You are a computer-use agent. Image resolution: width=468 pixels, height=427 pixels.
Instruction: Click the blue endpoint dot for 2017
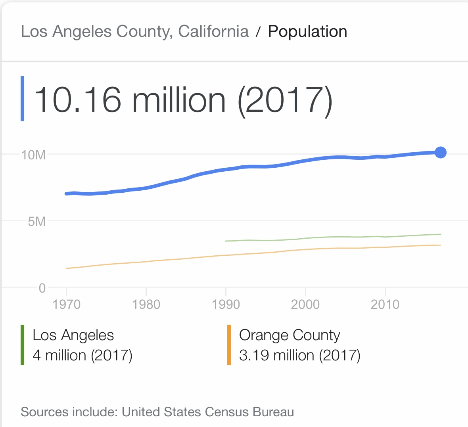[440, 152]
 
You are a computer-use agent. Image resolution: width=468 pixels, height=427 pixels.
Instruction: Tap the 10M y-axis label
[33, 155]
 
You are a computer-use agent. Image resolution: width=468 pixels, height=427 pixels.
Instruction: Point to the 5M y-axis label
[37, 221]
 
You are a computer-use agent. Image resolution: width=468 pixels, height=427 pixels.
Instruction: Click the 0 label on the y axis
[42, 288]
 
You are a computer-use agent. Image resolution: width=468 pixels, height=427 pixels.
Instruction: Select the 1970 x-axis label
[66, 304]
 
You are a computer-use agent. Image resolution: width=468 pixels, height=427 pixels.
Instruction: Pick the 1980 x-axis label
[146, 304]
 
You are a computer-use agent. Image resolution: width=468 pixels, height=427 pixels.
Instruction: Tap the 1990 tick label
[226, 304]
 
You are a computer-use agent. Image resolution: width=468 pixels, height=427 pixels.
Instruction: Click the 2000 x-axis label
[305, 304]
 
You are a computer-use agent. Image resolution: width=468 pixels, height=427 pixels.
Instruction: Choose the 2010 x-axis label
[385, 304]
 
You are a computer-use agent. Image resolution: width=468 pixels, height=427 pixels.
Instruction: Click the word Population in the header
[307, 31]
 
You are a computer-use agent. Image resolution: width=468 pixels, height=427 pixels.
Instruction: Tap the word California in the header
[213, 31]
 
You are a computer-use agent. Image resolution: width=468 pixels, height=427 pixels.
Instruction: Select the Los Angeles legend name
[73, 335]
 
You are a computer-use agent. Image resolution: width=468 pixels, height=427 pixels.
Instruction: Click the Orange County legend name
[290, 335]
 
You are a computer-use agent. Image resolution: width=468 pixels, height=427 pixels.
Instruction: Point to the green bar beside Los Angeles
[23, 345]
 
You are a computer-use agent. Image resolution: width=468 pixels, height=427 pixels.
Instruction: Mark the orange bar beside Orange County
[229, 345]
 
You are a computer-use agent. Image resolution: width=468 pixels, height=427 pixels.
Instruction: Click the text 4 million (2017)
[82, 355]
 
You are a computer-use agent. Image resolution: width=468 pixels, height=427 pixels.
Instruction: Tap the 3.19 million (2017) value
[299, 355]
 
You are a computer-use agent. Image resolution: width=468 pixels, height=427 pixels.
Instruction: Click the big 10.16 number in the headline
[78, 100]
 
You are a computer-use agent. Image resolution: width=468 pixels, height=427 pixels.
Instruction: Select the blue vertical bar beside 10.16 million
[23, 99]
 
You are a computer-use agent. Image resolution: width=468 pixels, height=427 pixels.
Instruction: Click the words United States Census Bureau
[208, 412]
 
